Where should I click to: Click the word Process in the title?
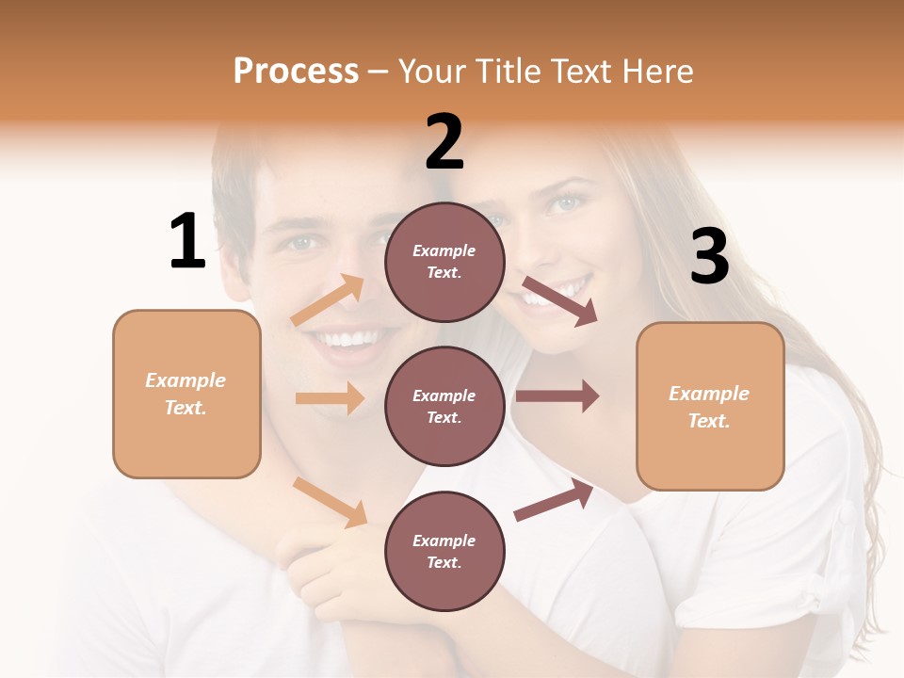[296, 72]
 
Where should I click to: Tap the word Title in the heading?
[508, 72]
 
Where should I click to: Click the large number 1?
[187, 241]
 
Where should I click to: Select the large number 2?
[444, 142]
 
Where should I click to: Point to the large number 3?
[709, 256]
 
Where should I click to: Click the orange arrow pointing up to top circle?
[329, 300]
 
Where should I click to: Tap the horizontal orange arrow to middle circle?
[330, 398]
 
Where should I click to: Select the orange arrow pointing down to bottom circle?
[331, 501]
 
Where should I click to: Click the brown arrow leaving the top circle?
[559, 300]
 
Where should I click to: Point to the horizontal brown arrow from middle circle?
[557, 395]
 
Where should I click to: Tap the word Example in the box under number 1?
[186, 380]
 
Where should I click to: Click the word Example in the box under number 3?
[709, 394]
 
